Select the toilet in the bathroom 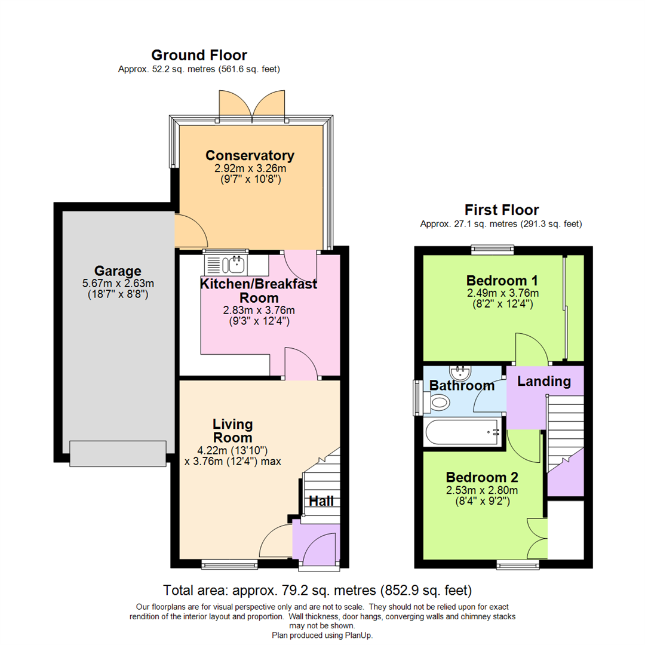click(440, 404)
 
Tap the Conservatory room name click(250, 155)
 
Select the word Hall click(321, 501)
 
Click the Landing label click(543, 381)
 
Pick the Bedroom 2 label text click(482, 478)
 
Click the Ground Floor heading click(199, 55)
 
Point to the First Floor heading click(502, 210)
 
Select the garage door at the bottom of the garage click(118, 453)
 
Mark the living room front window click(222, 563)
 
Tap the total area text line click(318, 591)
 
